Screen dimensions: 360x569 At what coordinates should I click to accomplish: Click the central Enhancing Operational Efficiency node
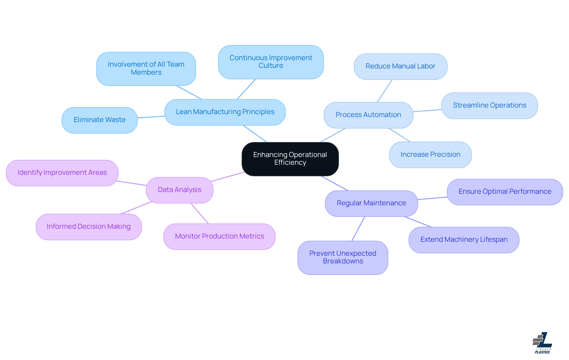point(290,159)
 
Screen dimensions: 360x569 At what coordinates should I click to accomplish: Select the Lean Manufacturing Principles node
point(225,112)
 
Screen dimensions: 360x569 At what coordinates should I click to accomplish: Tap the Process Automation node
point(368,115)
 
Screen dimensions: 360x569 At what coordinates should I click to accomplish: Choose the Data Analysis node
point(180,190)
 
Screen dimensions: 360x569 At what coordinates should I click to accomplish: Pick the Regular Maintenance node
point(371,203)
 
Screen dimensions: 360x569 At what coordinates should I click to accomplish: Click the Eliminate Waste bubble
point(100,120)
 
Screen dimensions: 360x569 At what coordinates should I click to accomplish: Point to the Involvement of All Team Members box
point(146,69)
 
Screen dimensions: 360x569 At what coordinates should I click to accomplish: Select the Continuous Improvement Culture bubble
point(271,62)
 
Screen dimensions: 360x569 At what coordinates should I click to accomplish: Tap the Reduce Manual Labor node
point(400,66)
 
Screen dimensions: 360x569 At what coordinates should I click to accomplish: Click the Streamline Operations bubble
point(490,105)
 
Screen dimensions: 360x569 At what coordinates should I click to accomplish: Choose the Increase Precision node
point(430,155)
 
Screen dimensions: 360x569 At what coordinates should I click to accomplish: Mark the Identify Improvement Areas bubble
point(62,173)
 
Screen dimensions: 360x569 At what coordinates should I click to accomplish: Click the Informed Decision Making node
point(89,227)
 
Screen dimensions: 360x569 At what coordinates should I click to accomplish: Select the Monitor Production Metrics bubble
point(219,236)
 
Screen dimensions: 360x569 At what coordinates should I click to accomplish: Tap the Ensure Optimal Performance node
point(505,192)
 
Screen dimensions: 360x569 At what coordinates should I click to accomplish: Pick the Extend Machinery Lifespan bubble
point(464,240)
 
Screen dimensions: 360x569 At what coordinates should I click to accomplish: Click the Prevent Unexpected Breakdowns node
point(343,257)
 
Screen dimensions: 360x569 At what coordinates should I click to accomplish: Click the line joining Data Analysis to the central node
point(227,177)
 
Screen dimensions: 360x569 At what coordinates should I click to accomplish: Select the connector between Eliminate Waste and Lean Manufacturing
point(151,117)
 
